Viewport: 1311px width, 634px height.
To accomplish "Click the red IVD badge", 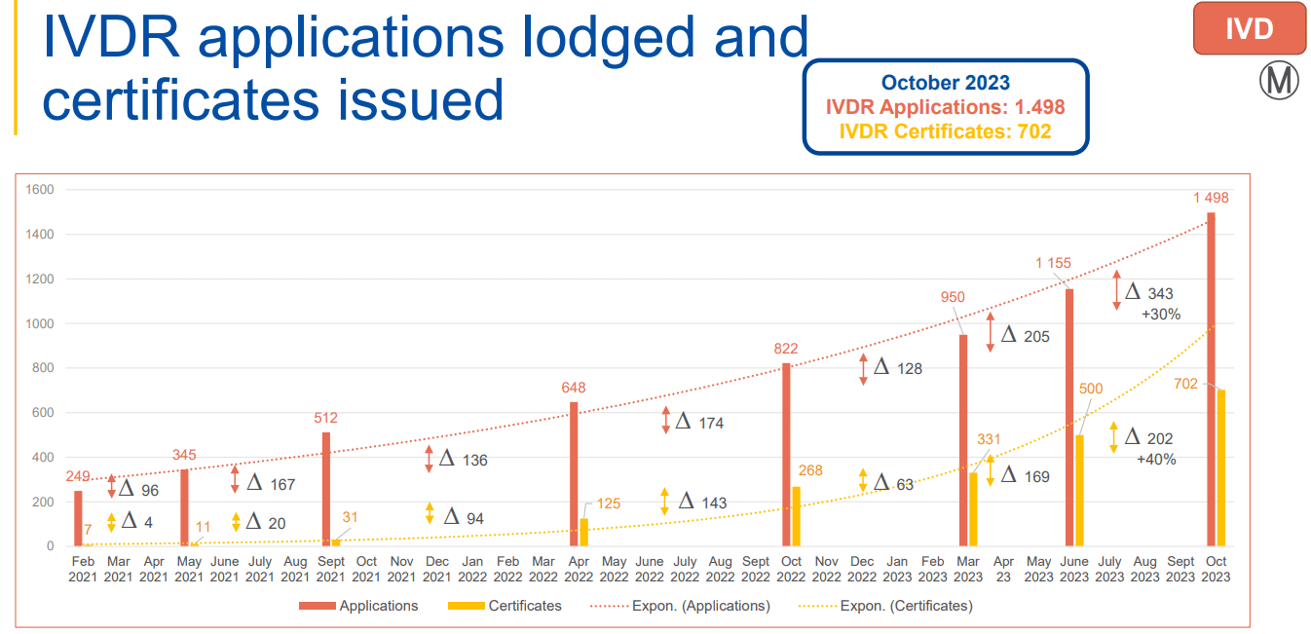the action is (1249, 28).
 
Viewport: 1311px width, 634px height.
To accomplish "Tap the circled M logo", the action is (1279, 80).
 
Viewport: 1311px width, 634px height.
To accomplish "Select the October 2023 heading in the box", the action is (945, 83).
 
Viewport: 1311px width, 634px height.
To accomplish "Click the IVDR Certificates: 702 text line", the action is (945, 131).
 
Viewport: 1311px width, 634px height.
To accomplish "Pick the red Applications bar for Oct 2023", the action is (1211, 380).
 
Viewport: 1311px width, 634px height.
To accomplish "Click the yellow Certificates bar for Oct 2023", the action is (1220, 468).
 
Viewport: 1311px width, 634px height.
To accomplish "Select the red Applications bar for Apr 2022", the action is (574, 474).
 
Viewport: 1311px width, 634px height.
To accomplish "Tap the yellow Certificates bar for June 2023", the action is (1079, 491).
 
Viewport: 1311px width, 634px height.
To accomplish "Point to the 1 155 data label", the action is (1053, 263).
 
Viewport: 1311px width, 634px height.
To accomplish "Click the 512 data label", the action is (325, 418).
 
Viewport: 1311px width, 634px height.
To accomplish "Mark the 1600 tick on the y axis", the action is (40, 190).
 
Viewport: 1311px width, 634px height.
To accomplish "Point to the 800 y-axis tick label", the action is (43, 367).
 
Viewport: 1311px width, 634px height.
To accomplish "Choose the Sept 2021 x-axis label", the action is (331, 569).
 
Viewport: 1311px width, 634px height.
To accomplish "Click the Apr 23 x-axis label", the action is (1003, 569).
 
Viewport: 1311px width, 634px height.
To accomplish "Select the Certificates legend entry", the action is (505, 606).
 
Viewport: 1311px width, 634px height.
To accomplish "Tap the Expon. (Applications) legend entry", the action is (680, 606).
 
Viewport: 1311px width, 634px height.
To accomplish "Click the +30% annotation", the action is (1161, 315).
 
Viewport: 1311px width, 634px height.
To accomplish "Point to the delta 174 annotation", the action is (700, 422).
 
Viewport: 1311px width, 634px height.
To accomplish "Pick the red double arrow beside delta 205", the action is (990, 332).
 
